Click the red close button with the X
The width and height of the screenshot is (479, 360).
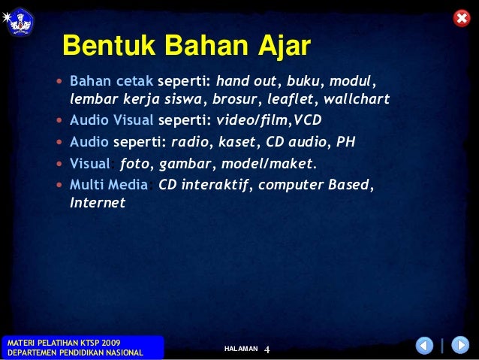[462, 18]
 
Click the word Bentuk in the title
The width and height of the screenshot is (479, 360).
[109, 45]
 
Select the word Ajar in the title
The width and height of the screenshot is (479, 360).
[285, 47]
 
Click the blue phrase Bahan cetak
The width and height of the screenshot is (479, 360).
[112, 81]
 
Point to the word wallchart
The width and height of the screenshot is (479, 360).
[357, 98]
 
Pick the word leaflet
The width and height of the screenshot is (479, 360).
[291, 98]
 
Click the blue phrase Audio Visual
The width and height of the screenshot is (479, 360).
[112, 120]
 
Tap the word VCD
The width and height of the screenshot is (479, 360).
[308, 120]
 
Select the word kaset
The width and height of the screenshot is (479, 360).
[237, 142]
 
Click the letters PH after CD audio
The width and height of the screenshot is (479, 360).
[346, 142]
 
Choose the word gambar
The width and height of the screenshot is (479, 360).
[185, 165]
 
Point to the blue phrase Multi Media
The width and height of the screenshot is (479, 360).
[109, 185]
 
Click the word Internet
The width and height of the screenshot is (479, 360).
[98, 202]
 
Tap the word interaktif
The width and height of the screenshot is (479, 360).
[215, 185]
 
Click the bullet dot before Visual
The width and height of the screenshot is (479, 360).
[59, 164]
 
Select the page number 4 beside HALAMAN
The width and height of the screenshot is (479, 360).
[267, 349]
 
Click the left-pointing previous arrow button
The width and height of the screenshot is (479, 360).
[424, 345]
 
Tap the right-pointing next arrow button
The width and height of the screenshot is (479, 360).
[460, 345]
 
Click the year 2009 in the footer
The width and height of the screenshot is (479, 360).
[111, 343]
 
